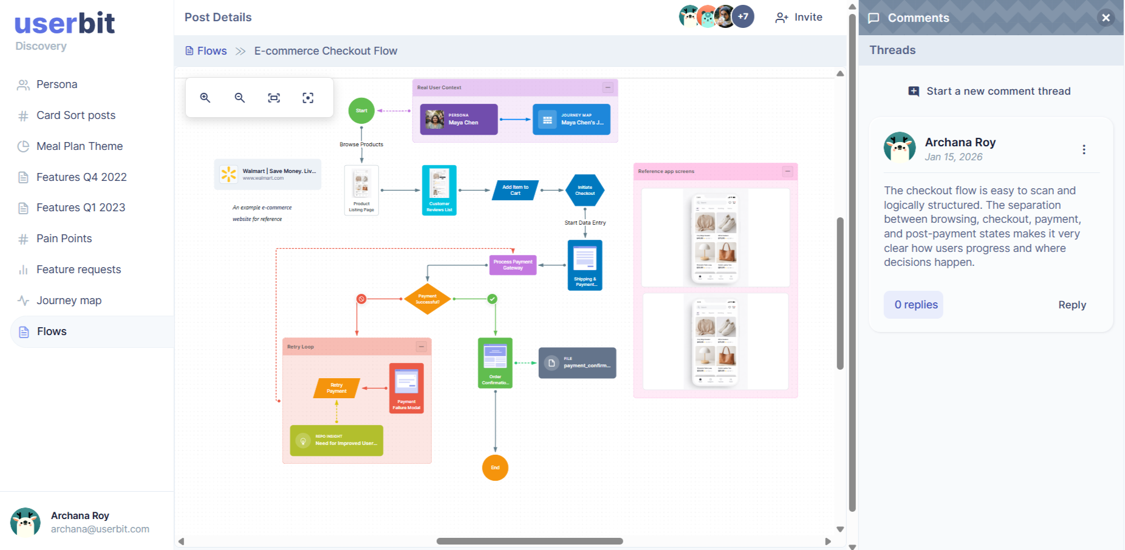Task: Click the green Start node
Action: [x=361, y=110]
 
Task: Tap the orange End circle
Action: [x=495, y=467]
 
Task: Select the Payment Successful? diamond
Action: [x=427, y=299]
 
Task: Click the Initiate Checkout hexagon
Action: [x=585, y=190]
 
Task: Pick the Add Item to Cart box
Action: [x=515, y=190]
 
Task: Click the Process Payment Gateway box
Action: [x=513, y=265]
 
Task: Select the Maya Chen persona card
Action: [x=459, y=119]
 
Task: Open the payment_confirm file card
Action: [x=577, y=362]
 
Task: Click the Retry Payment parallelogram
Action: [x=337, y=388]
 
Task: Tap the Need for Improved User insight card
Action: [x=337, y=440]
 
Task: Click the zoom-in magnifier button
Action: [x=205, y=98]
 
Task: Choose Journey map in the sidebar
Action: [x=69, y=300]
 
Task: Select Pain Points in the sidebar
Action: [x=64, y=239]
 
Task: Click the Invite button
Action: [x=799, y=18]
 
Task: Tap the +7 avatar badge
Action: [x=743, y=16]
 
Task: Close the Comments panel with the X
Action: [x=1106, y=18]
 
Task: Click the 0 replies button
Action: [x=915, y=305]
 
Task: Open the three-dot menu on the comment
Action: [x=1084, y=149]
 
